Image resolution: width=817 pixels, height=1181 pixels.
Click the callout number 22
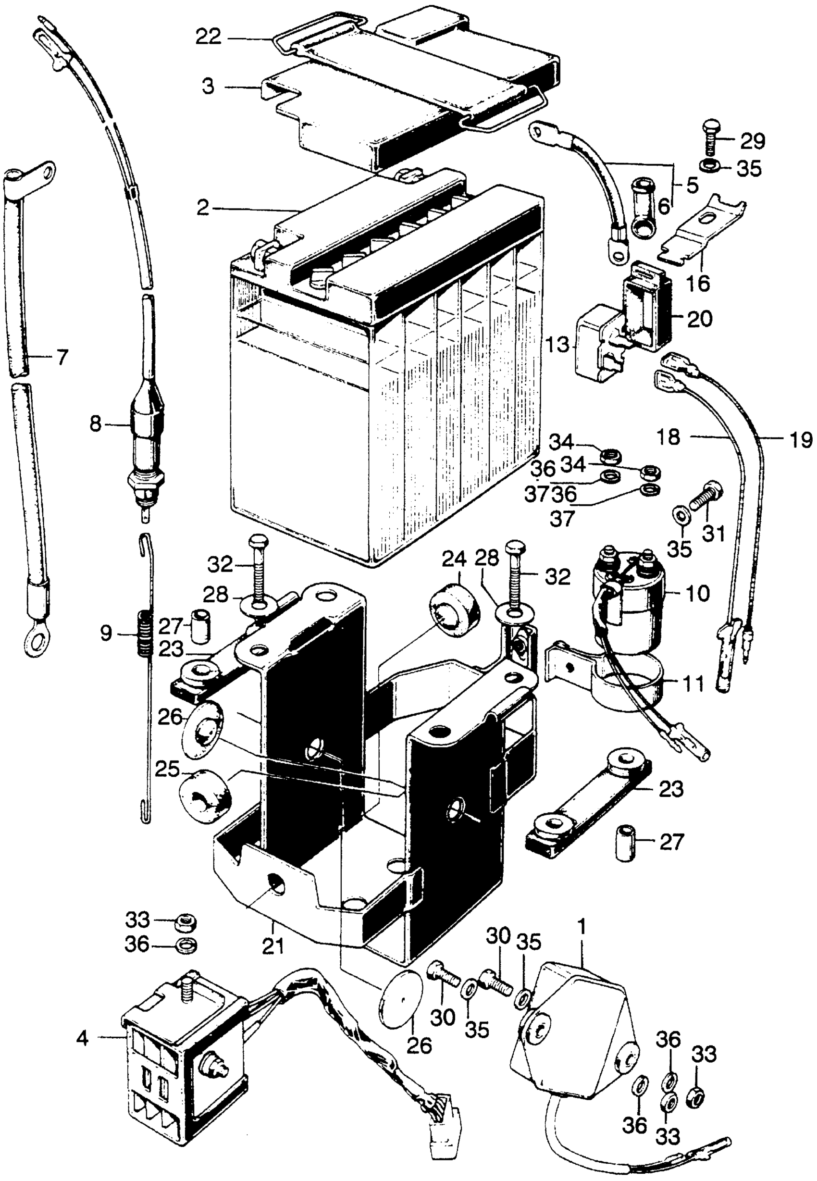tap(210, 38)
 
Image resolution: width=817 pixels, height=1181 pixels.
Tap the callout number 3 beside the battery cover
tap(208, 87)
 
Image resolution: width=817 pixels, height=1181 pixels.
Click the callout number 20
tap(700, 319)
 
